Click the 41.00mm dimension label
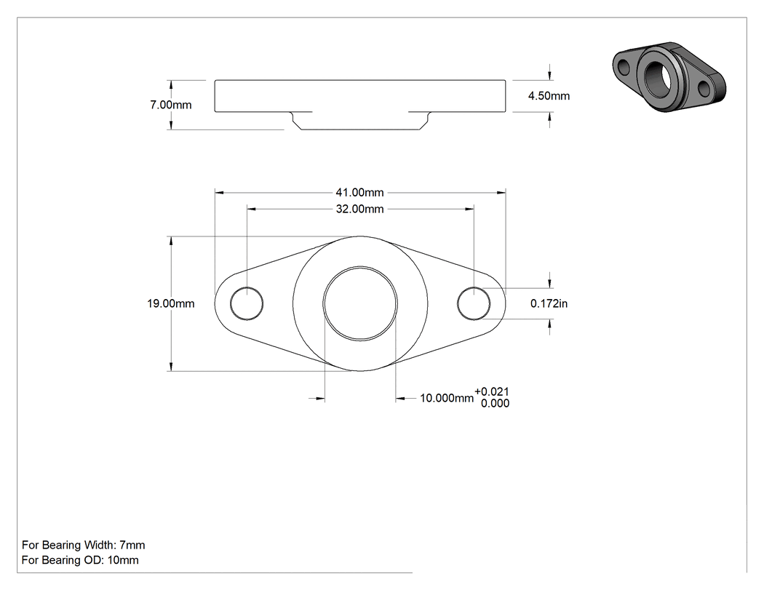(359, 193)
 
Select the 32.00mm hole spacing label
(359, 209)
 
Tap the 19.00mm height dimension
(170, 303)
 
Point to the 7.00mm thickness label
(170, 105)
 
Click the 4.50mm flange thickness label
(549, 96)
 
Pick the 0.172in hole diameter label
(549, 303)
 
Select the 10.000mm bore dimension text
(446, 398)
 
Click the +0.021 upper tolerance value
(492, 391)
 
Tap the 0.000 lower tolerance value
(495, 404)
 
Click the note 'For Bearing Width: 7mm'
(84, 545)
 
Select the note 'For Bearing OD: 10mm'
(80, 560)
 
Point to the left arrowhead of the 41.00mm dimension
(219, 193)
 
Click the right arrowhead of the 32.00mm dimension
(469, 209)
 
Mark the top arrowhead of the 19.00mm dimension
(170, 241)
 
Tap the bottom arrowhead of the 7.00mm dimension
(170, 125)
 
